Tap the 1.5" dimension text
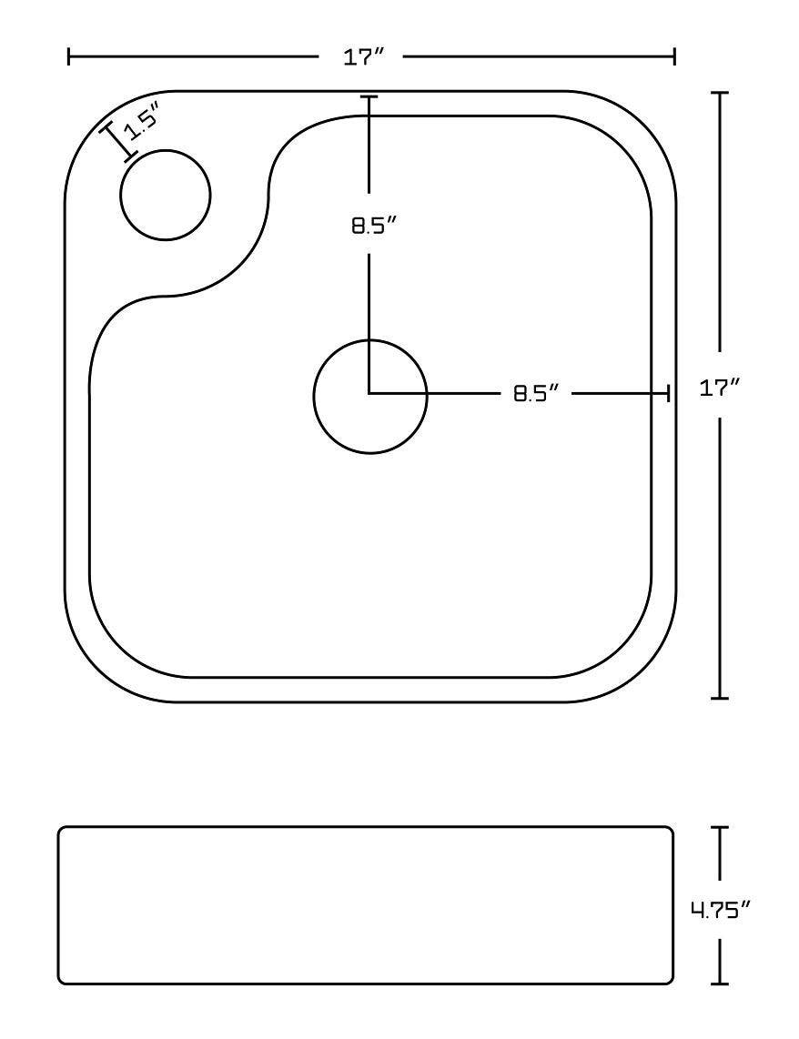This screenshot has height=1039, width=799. point(143,120)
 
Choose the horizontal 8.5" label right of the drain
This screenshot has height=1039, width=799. point(534,393)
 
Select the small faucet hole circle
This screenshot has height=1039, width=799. point(165,195)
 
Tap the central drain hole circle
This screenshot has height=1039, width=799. point(369,396)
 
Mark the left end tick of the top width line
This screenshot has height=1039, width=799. point(69,56)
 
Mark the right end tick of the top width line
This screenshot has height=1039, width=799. point(674,56)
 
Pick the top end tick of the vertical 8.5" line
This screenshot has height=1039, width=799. point(369,96)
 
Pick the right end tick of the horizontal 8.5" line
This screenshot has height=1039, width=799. point(669,393)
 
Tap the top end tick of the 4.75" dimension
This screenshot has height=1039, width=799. point(722,828)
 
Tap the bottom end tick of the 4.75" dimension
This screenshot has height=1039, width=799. point(722,983)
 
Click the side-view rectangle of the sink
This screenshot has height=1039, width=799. point(365,905)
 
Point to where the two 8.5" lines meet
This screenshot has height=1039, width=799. point(369,393)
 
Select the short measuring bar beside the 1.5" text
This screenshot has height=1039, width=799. point(116,141)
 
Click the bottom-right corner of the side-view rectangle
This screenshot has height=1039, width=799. point(672,981)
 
